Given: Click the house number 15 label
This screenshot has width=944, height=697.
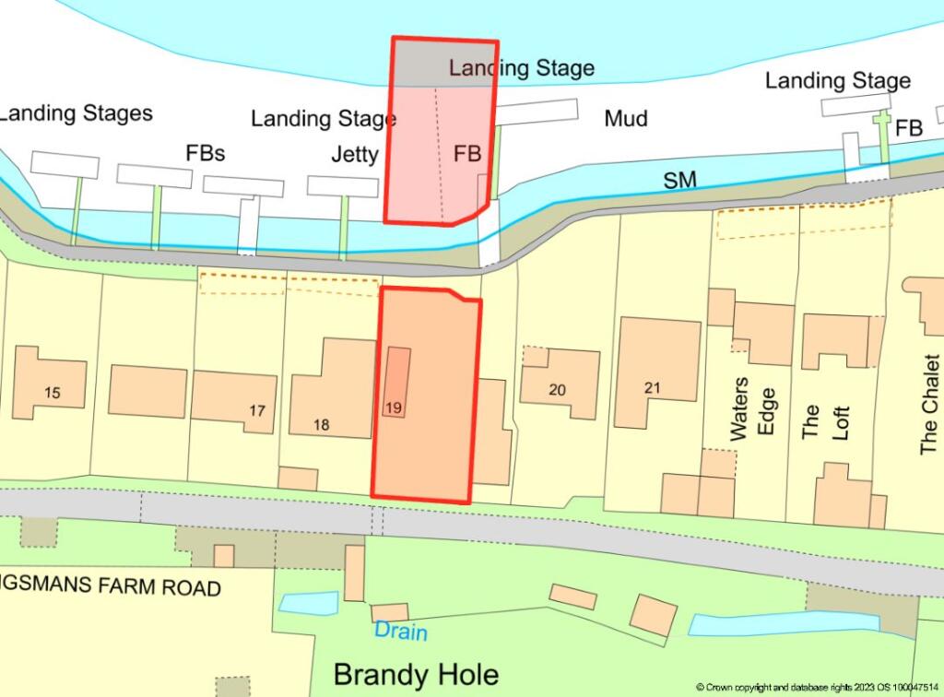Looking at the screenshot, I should tap(52, 394).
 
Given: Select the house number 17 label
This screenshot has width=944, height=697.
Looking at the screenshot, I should tap(257, 411).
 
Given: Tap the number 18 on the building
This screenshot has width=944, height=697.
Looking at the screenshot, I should tap(321, 425).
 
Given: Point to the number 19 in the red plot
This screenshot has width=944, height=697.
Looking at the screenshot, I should tap(394, 407).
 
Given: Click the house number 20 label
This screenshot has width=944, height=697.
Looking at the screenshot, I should tap(557, 390).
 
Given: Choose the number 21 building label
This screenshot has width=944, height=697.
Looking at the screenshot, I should tap(653, 388).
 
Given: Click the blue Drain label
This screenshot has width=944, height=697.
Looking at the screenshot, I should tap(401, 632).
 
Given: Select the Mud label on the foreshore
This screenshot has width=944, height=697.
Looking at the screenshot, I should tap(626, 118).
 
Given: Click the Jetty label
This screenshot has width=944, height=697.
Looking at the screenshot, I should tap(355, 154).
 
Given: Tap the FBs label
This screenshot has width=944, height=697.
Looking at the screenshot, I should tap(206, 153).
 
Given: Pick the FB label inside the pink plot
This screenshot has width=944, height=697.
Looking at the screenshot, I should tap(467, 154).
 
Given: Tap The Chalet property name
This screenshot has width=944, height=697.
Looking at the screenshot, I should tap(928, 419).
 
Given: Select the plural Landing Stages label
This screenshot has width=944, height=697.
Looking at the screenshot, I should tap(76, 113).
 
